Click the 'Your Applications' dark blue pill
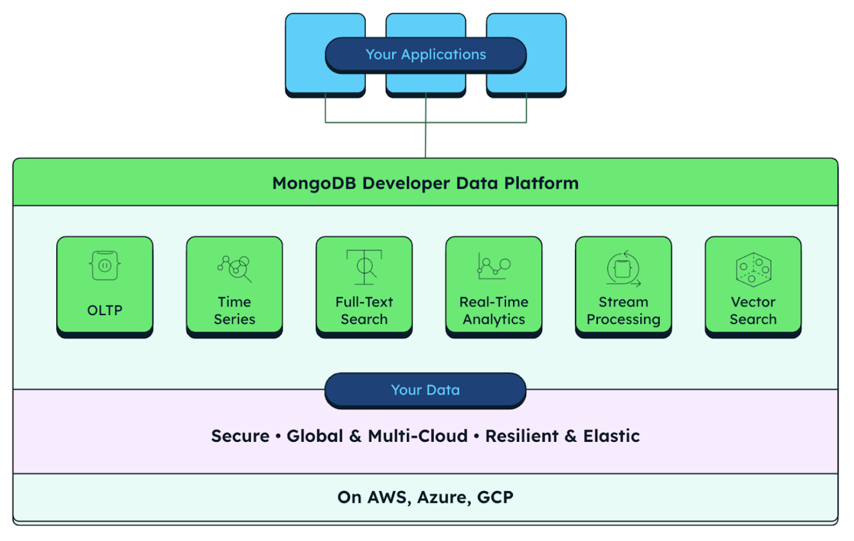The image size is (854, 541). click(x=425, y=55)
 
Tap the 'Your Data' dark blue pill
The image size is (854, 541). click(x=425, y=390)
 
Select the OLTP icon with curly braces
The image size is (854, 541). click(x=105, y=266)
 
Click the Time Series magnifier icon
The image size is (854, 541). click(x=235, y=268)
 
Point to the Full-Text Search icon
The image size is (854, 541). click(x=364, y=266)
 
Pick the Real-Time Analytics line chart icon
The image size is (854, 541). click(x=493, y=266)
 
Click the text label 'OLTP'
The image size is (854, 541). click(x=105, y=311)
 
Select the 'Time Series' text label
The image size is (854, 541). click(x=234, y=311)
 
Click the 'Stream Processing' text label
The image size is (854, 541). click(x=623, y=311)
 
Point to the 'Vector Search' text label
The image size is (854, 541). click(x=753, y=311)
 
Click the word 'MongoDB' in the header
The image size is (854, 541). click(x=315, y=183)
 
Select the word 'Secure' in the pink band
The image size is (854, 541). click(x=240, y=436)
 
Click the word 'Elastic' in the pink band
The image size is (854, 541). click(x=611, y=436)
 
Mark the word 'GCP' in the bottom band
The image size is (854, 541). click(x=495, y=497)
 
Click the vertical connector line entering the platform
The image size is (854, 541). click(x=425, y=140)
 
